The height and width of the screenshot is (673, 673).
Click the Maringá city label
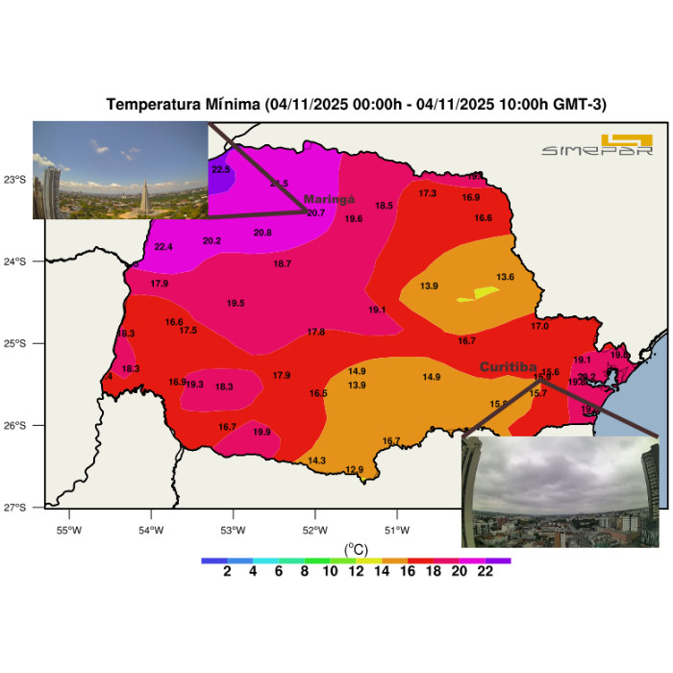pos(330,199)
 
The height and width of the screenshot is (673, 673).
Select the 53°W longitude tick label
pos(233,530)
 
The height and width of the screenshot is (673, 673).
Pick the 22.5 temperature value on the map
pos(222,170)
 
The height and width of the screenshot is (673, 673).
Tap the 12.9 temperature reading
pos(355,470)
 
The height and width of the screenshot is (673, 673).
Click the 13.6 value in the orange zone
pos(506,277)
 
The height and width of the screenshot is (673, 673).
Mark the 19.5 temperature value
pos(236,304)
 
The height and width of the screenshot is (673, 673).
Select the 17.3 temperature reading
pos(428,194)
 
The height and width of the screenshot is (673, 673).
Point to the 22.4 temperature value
pos(163,247)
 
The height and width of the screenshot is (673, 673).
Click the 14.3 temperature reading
pos(316,461)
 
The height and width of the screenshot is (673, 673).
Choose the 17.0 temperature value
pos(540,327)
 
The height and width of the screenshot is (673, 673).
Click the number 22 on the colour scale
pos(485,571)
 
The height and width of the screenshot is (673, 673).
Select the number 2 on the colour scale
pos(227,571)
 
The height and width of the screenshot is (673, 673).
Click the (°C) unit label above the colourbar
pos(356,549)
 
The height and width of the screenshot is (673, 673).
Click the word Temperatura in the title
pos(153,104)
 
